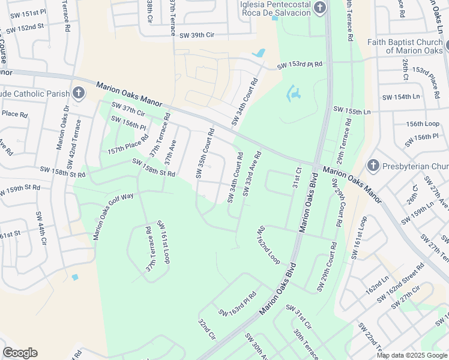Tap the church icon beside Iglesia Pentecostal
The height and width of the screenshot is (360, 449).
(320, 7)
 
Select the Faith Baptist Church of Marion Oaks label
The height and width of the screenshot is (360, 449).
(406, 46)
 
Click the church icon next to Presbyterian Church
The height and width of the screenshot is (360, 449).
(372, 165)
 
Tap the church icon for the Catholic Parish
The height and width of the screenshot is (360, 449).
(78, 92)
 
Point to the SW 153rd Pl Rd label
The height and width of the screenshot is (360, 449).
(300, 65)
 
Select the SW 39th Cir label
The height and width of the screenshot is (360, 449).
(194, 35)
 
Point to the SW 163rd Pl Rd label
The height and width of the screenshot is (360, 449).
(238, 304)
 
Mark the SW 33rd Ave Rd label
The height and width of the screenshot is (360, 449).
(252, 174)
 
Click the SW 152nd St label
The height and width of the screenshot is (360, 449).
(24, 28)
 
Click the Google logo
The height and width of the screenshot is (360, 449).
(20, 353)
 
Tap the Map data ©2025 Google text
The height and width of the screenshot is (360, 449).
(411, 355)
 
